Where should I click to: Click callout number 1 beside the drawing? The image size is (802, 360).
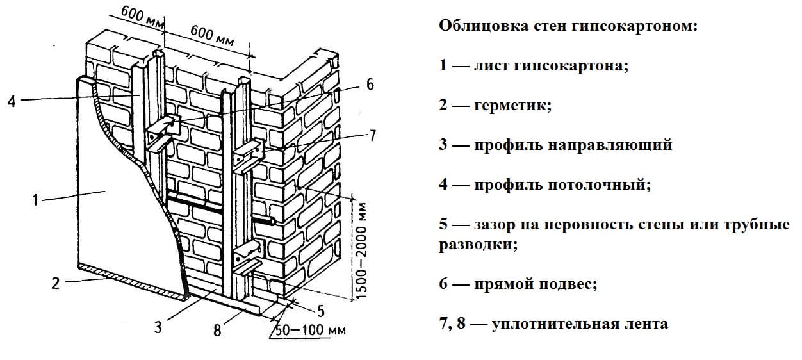pos(35,201)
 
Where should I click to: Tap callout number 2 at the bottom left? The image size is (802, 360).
pos(56,282)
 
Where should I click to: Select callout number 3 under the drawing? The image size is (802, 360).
pos(158,327)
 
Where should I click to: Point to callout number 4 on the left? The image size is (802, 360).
pos(11,101)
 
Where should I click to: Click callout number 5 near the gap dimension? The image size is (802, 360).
pos(321,311)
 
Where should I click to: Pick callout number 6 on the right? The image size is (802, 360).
pos(370,85)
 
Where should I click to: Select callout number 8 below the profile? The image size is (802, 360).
pos(217,331)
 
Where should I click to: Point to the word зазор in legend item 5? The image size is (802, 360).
pos(495,225)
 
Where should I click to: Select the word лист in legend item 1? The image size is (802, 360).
pos(491,66)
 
